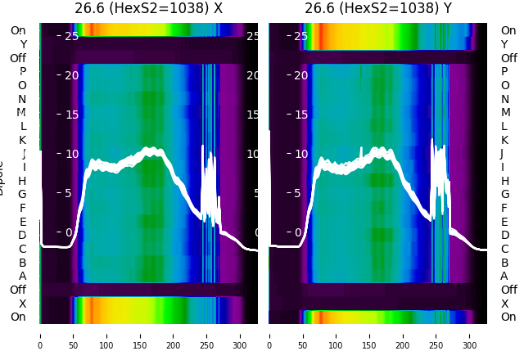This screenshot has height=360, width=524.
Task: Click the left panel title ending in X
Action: [x=149, y=9]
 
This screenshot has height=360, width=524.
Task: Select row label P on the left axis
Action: [x=23, y=72]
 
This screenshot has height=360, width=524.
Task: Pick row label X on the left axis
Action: [x=23, y=304]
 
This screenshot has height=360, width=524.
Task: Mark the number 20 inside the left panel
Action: [x=71, y=75]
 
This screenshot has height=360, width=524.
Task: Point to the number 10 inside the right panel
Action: [x=300, y=154]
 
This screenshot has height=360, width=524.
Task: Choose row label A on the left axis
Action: [x=23, y=276]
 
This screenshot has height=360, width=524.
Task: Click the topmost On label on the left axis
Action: [x=18, y=30]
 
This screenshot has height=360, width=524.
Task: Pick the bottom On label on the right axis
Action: [x=508, y=317]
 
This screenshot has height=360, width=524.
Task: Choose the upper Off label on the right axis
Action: [x=508, y=58]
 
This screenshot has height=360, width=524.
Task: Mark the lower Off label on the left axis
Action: [x=18, y=290]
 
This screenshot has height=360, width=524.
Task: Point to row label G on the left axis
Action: [x=23, y=194]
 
